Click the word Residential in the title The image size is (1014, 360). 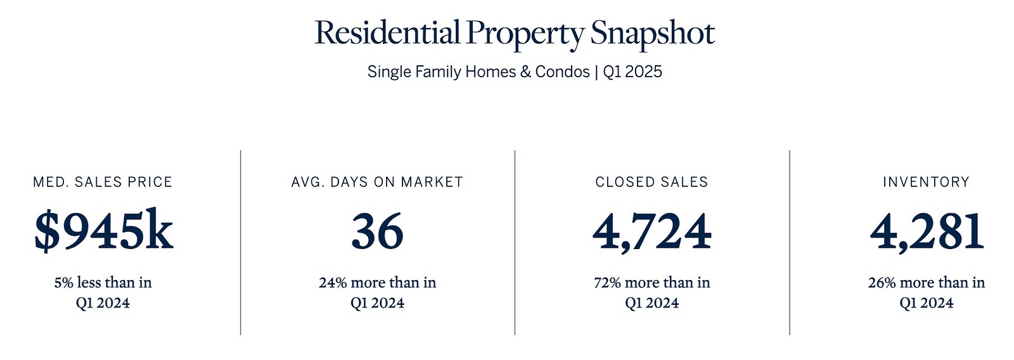tap(387, 32)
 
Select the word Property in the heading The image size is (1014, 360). tap(525, 35)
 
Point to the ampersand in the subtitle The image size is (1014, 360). tap(525, 72)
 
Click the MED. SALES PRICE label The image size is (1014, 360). tap(103, 182)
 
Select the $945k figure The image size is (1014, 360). tap(104, 231)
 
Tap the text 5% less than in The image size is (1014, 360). tap(103, 283)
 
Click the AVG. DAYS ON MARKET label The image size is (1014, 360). tap(377, 182)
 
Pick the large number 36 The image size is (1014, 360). tap(377, 231)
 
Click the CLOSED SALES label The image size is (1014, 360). tap(651, 182)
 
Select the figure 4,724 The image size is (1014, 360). tap(652, 233)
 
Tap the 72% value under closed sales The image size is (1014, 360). tap(607, 283)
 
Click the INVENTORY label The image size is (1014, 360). tap(926, 182)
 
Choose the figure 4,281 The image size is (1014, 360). tap(927, 233)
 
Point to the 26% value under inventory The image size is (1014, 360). tap(882, 283)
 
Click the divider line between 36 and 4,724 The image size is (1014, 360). tap(515, 243)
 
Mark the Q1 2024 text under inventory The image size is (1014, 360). tap(926, 302)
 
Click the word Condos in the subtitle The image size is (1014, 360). tap(562, 72)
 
